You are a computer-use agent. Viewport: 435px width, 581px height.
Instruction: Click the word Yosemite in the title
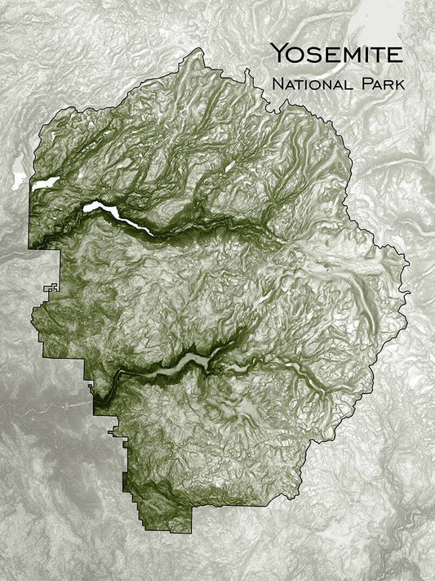tap(335, 56)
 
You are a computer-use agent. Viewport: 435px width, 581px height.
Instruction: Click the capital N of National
tap(277, 83)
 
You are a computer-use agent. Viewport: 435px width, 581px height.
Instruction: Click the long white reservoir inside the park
tap(114, 213)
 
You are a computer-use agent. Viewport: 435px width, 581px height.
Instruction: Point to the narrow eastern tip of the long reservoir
tap(150, 232)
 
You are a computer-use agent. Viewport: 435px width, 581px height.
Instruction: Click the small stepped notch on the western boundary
tap(51, 288)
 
